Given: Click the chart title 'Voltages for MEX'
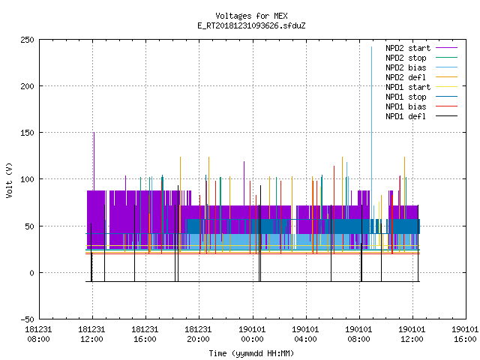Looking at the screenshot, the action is (251, 16).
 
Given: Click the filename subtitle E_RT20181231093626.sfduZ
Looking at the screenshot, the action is (251, 25).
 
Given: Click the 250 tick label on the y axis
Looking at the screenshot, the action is (27, 40).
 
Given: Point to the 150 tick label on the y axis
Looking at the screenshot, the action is (27, 133).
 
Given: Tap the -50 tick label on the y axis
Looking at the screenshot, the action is (27, 319).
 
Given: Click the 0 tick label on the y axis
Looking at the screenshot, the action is (31, 273).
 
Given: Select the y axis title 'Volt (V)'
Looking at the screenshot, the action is (9, 181).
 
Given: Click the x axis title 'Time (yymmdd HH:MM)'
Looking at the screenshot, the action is (251, 353).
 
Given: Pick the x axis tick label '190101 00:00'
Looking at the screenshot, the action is (252, 334).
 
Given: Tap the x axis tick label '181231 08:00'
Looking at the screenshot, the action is (38, 334).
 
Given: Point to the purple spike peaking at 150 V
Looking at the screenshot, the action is (94, 161).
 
